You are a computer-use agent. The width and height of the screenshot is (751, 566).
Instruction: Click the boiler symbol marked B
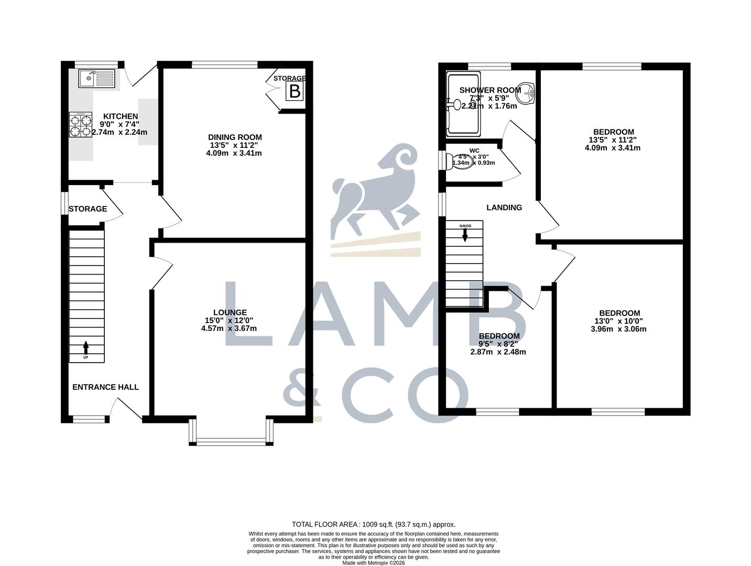point(295,92)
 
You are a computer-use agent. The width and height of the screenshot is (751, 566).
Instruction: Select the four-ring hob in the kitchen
point(80,126)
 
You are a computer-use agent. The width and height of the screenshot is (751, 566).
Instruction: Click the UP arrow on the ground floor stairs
point(86,347)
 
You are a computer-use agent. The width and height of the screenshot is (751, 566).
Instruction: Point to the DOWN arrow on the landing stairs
point(465,234)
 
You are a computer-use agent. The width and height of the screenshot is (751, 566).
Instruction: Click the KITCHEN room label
point(120,116)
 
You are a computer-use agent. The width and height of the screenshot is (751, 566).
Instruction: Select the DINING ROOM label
point(235,137)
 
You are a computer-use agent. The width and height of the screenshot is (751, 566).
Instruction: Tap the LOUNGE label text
point(230,312)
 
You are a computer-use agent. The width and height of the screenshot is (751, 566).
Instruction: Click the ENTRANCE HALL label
point(105,387)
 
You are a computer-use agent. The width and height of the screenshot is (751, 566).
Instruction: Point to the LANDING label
point(504,208)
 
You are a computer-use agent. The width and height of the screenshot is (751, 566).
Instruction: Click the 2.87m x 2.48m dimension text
point(498,352)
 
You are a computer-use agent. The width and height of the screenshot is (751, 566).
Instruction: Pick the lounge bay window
point(231,441)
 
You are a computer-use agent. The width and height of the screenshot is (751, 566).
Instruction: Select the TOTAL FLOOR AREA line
point(374,524)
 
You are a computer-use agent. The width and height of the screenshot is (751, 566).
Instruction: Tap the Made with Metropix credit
point(374,563)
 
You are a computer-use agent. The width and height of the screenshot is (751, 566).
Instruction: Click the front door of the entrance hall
point(128,409)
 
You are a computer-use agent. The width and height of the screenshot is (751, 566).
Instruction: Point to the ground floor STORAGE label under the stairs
point(88,209)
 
